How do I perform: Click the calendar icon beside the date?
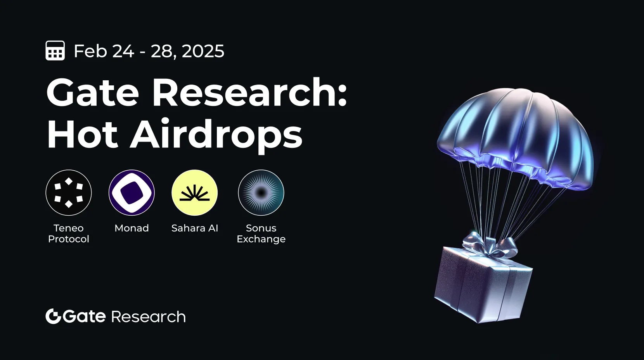55,50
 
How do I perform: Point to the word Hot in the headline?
82,135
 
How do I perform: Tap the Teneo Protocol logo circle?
69,192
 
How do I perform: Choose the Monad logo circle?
132,192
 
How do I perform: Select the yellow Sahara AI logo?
194,192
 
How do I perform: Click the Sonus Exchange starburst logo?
261,192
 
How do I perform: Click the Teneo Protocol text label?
69,234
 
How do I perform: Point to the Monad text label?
132,228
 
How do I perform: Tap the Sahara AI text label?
195,228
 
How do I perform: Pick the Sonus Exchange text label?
261,234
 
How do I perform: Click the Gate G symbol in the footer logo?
53,316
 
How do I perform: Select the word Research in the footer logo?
149,317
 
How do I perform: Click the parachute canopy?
516,132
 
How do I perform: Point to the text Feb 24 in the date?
104,51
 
